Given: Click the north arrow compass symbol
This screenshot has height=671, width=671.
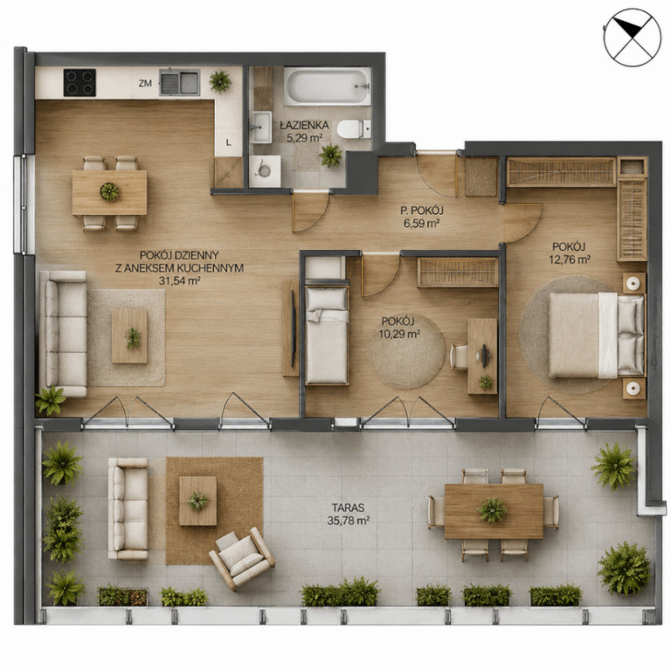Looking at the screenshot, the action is pos(632,38).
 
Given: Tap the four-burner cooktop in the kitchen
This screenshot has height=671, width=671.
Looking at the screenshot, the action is pos(80,83).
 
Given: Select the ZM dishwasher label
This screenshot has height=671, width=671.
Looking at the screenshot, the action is pos(145,84).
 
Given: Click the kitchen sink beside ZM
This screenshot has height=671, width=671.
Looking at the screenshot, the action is pos(179,82).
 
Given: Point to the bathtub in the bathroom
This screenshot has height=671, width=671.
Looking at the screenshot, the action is pos(327,86).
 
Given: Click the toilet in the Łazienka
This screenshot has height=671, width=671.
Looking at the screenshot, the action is pos(354,129).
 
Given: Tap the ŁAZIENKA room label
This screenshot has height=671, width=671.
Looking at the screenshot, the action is pos(304,126).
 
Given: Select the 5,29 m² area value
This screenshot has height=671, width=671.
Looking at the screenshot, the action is pos(304,138).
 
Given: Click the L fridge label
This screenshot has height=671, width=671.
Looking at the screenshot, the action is pos(229,143).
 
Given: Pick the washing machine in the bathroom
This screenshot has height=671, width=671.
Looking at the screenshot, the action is pos(265,170).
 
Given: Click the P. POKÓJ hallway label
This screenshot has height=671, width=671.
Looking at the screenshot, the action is pos(422,210).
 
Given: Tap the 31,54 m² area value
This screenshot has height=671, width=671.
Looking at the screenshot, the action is pos(180,280).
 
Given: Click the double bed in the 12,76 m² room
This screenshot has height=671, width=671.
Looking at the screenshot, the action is pos(597,335).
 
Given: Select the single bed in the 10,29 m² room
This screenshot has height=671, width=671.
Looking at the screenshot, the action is pos(327,335).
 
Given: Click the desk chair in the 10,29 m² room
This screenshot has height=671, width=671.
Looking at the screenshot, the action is pos(460,356).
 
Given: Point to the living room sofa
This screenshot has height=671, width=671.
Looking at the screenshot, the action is pos(63,334).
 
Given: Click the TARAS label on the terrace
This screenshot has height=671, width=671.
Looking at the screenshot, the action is pos(349,508).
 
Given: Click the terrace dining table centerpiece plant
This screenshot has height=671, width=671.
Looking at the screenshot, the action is pos(493,510).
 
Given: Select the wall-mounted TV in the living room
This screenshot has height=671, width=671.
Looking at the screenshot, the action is pos(294,329).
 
